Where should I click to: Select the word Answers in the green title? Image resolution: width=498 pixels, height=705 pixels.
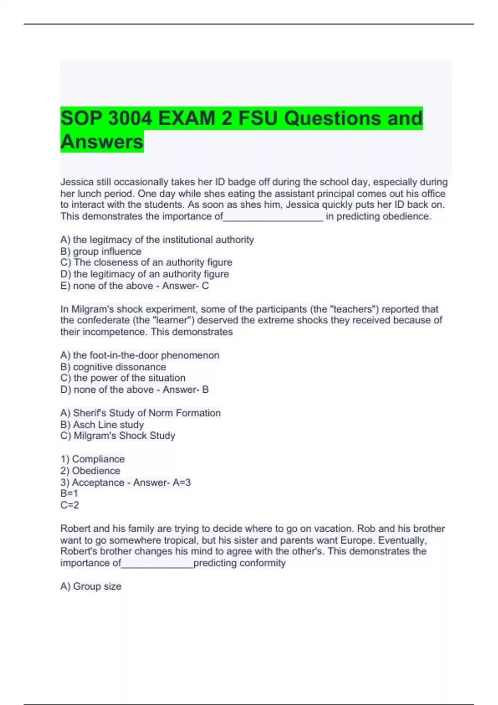click(102, 142)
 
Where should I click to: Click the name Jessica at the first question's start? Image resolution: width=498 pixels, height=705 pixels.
click(77, 182)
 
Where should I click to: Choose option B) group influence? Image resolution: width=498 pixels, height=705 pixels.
click(101, 251)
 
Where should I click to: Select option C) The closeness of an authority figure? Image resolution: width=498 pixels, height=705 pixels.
click(146, 263)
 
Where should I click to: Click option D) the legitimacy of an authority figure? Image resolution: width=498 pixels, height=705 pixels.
click(144, 274)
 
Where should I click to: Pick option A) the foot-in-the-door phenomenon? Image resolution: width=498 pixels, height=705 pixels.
click(140, 355)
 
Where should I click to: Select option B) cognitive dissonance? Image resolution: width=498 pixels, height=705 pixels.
click(113, 367)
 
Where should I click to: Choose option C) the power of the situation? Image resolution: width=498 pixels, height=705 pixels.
click(123, 378)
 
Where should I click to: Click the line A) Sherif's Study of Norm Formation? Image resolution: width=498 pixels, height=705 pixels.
click(140, 413)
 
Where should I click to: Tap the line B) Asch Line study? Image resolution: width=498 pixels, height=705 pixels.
click(102, 425)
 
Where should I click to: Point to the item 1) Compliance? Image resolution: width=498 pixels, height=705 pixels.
click(92, 459)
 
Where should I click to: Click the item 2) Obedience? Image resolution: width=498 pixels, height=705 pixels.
click(90, 471)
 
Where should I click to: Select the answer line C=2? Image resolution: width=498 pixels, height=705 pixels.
click(70, 505)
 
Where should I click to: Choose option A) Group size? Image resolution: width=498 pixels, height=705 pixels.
click(91, 586)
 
